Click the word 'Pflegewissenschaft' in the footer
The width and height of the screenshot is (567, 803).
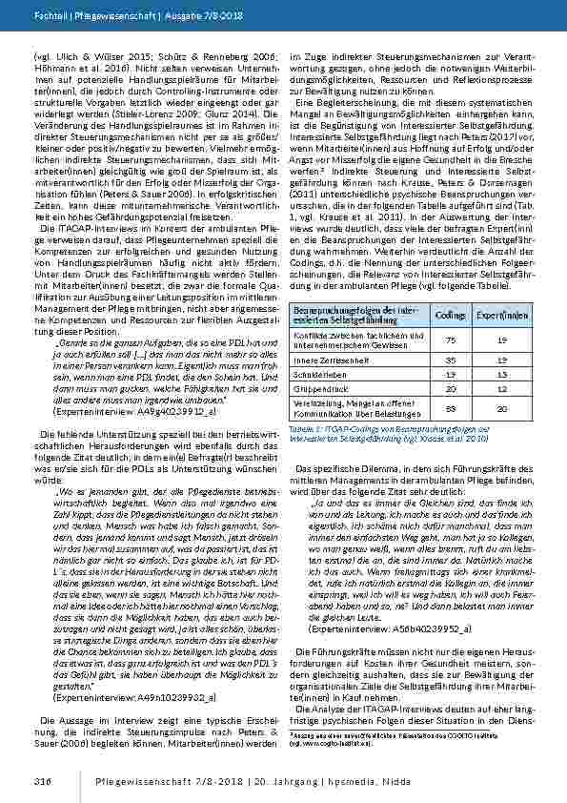125,781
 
